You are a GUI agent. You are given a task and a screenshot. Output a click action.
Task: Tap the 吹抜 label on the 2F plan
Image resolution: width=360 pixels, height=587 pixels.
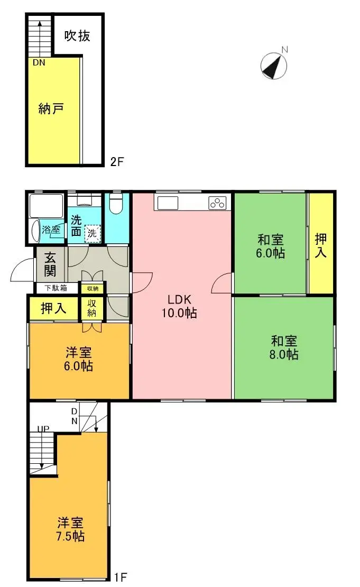(x=78, y=35)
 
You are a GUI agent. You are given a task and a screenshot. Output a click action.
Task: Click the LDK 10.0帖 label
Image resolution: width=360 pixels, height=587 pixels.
(x=180, y=306)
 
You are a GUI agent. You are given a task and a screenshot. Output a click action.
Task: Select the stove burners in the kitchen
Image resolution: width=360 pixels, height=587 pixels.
(x=217, y=203)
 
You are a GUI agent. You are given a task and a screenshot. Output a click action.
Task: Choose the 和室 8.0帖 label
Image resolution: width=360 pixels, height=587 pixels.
(x=284, y=347)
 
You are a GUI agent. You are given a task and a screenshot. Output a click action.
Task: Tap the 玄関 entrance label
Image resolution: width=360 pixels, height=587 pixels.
(x=51, y=265)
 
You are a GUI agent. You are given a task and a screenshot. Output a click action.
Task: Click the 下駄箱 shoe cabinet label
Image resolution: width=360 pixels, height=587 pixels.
(x=56, y=288)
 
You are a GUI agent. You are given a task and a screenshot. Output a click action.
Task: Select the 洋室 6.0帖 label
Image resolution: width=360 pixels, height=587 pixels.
(x=79, y=359)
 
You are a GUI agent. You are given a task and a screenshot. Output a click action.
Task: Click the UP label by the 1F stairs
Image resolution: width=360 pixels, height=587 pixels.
(x=43, y=429)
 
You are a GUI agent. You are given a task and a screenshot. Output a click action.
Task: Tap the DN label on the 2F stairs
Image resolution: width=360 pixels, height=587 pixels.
(x=39, y=62)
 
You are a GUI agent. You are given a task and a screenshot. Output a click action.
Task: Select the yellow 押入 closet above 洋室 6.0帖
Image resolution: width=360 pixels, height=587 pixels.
(x=53, y=308)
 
